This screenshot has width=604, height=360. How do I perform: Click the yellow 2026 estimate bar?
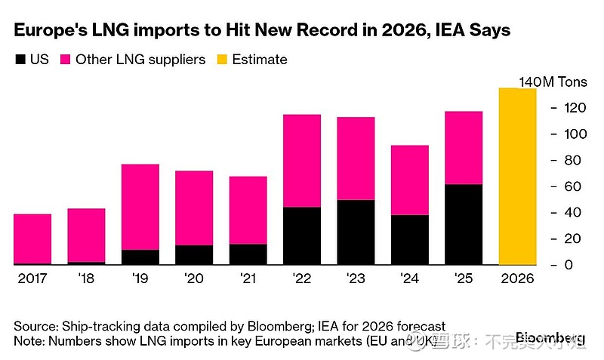point(517,177)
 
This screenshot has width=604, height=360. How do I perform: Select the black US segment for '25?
point(464,224)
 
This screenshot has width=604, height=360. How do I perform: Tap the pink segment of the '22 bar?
point(301,161)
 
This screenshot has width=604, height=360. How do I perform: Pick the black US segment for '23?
point(356,232)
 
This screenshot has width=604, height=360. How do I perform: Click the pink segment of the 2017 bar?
point(32,238)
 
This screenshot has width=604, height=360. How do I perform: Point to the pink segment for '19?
point(140,207)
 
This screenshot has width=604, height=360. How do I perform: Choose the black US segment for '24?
point(409,240)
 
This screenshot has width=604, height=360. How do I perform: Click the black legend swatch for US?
point(20,60)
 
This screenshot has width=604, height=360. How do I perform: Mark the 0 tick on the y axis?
point(568,266)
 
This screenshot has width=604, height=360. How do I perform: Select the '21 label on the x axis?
point(248,278)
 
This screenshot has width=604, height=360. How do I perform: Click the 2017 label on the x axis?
point(32,278)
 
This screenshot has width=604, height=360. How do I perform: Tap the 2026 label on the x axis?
point(517,278)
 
